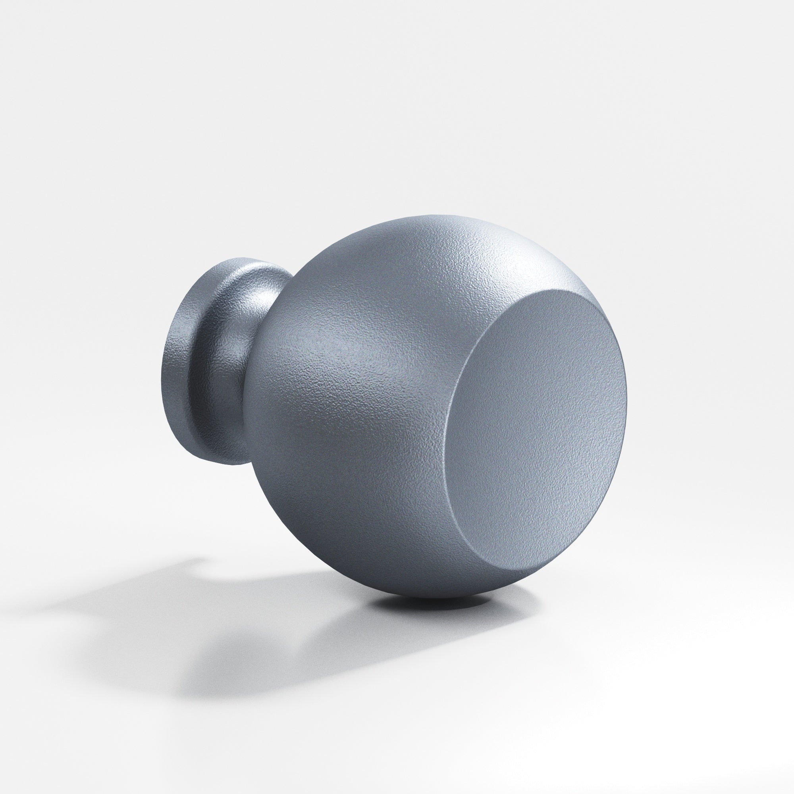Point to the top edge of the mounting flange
[230, 260]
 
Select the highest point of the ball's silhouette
[432, 215]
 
